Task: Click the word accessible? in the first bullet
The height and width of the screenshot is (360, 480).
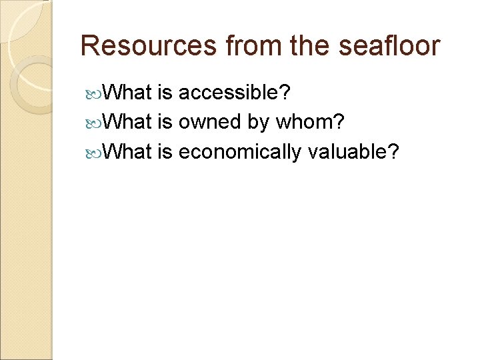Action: click(x=234, y=93)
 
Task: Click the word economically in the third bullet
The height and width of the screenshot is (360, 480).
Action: click(x=240, y=152)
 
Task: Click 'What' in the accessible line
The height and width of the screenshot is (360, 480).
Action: click(x=129, y=93)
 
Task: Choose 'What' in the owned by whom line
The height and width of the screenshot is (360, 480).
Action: click(x=129, y=122)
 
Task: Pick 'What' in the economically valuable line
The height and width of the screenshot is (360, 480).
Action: click(x=129, y=152)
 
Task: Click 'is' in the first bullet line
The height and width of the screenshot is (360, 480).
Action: click(x=165, y=93)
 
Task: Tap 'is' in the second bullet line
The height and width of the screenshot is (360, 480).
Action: click(x=165, y=122)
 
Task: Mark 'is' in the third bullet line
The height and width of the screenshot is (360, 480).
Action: click(x=165, y=152)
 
